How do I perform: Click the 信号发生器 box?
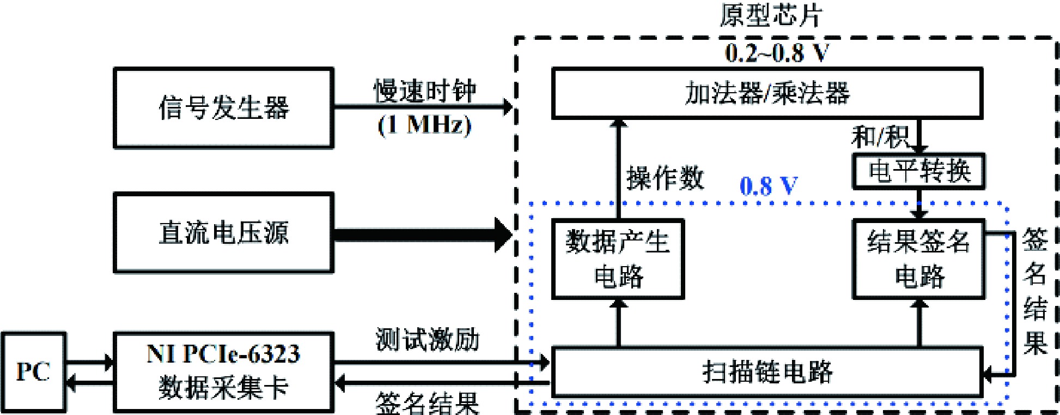click(223, 107)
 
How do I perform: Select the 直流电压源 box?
click(223, 232)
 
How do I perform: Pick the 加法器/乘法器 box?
click(767, 93)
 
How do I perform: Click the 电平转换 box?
click(919, 172)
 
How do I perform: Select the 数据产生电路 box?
click(618, 259)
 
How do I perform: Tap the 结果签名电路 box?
click(919, 259)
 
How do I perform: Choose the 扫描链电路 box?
click(767, 371)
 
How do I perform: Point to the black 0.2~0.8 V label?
click(777, 53)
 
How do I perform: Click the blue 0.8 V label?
click(769, 186)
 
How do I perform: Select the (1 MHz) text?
click(425, 125)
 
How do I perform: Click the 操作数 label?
click(665, 178)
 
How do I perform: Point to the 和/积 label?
click(879, 136)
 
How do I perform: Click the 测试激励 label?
click(428, 340)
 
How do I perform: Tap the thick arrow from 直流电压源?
click(422, 235)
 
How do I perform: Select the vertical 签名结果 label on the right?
click(1035, 292)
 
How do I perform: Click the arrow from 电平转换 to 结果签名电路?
click(919, 204)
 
